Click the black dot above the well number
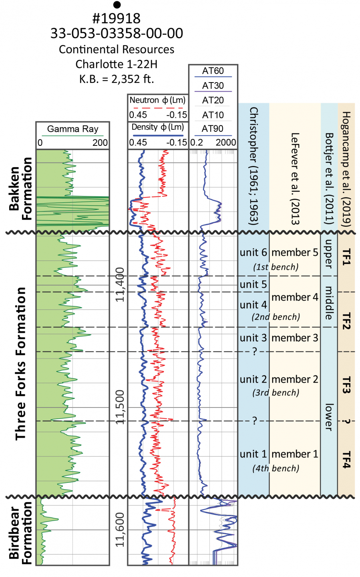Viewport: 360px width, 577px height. pyautogui.click(x=117, y=5)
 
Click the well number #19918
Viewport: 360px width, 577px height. pyautogui.click(x=117, y=18)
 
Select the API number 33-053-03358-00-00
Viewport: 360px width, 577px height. pyautogui.click(x=117, y=33)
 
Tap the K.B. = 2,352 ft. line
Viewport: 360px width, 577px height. pyautogui.click(x=117, y=79)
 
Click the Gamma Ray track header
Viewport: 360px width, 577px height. pyautogui.click(x=72, y=129)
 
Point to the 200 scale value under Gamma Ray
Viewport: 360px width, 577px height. pyautogui.click(x=100, y=143)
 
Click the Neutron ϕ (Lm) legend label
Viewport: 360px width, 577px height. pyautogui.click(x=157, y=100)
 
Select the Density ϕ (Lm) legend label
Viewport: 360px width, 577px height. pyautogui.click(x=158, y=127)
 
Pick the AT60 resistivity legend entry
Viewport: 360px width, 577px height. pyautogui.click(x=213, y=71)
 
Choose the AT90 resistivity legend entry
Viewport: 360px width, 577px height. pyautogui.click(x=213, y=129)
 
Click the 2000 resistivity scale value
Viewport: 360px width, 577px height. pyautogui.click(x=226, y=143)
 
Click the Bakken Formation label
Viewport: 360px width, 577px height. pyautogui.click(x=20, y=188)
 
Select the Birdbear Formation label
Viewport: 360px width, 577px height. pyautogui.click(x=20, y=533)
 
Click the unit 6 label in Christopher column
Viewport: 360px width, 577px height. pyautogui.click(x=253, y=252)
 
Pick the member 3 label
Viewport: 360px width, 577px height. pyautogui.click(x=295, y=338)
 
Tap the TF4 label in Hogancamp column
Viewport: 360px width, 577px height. pyautogui.click(x=346, y=460)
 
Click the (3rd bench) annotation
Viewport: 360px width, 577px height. pyautogui.click(x=276, y=393)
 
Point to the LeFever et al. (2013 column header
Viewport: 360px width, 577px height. pyautogui.click(x=295, y=178)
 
